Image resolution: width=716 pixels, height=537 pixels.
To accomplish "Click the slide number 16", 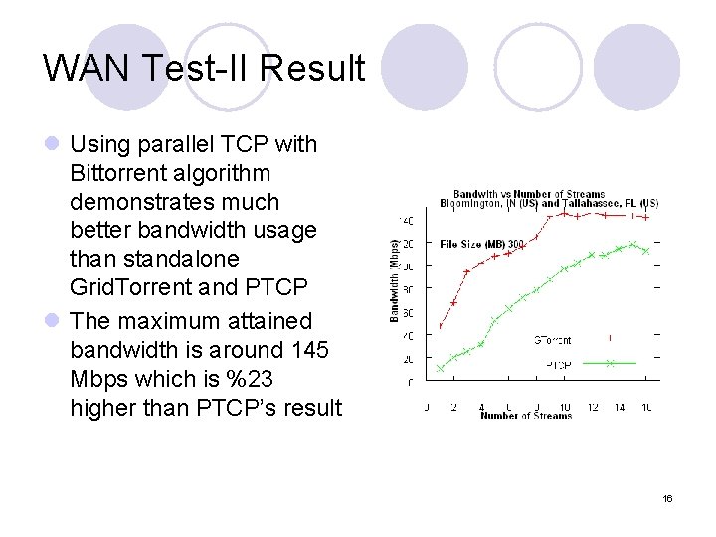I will pos(668,497).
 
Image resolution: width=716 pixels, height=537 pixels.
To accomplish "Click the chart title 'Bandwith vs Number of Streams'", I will pos(529,194).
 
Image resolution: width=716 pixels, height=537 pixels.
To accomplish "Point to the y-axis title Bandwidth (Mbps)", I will pos(395,279).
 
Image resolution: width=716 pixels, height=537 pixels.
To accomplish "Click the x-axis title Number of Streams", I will pos(526,415).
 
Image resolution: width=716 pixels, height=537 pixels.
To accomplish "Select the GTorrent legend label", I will pos(552,340).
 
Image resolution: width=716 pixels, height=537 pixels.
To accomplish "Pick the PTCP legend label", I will pos(558,365).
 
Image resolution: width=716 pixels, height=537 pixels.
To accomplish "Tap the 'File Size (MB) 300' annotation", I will pos(482,244).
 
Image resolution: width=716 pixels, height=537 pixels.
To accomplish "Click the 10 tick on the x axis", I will pos(565,406).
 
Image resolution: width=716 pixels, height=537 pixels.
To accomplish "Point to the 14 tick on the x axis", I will pos(620,406).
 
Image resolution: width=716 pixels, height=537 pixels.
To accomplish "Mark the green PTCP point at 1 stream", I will pos(441,369).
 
